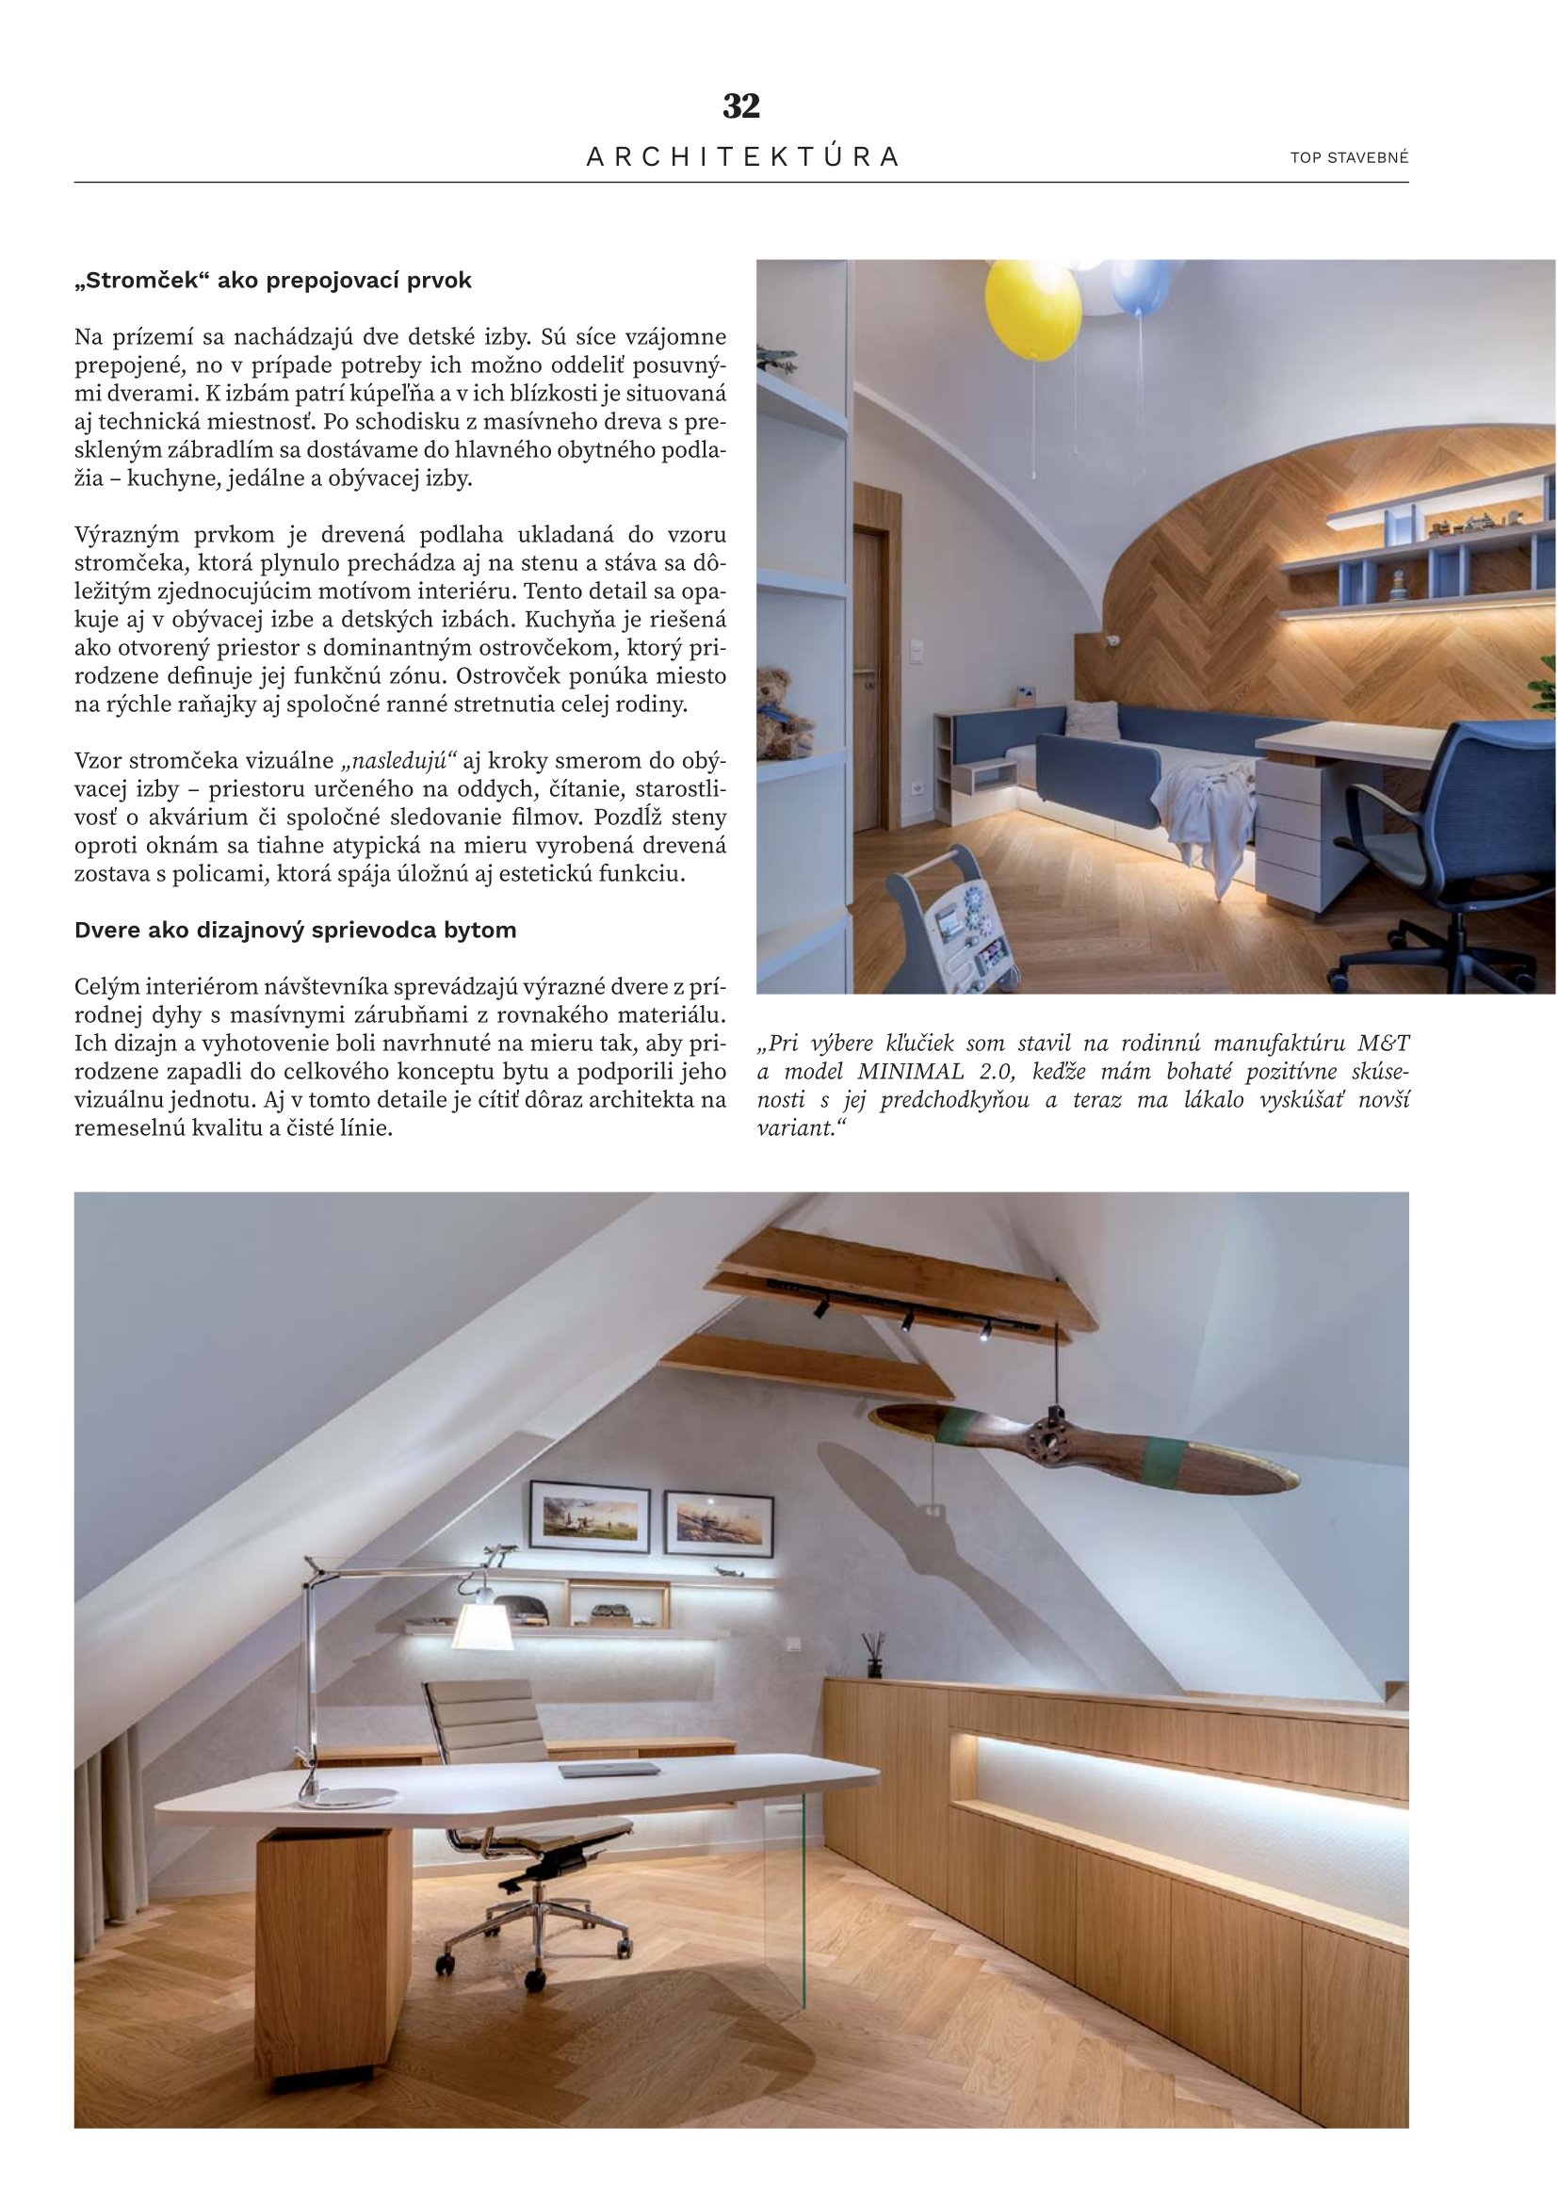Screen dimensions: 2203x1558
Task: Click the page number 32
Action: [x=740, y=105]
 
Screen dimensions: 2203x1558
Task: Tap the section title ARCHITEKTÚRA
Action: [x=742, y=157]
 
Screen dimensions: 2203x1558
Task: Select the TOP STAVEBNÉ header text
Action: [x=1349, y=158]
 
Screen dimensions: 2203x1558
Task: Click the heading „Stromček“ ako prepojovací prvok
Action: [x=273, y=281]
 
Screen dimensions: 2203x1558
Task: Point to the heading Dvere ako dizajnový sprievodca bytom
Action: [x=296, y=930]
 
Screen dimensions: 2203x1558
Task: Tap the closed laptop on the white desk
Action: [x=610, y=1770]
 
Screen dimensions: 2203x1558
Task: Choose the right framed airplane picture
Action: [x=720, y=1524]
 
